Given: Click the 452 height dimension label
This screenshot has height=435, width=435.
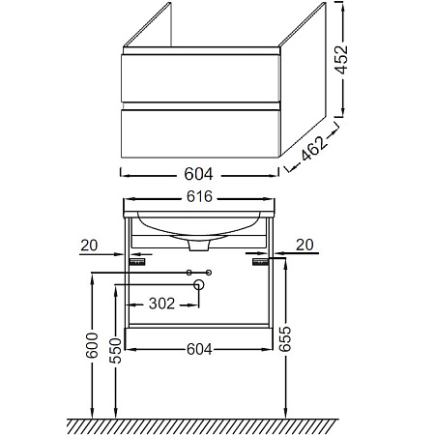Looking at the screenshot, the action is [x=342, y=60].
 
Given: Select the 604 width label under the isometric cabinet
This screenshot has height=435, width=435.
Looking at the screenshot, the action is [x=198, y=174].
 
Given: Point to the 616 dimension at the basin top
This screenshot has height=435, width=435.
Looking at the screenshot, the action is [x=199, y=196].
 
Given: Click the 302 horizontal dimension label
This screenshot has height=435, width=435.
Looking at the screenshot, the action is [x=161, y=304].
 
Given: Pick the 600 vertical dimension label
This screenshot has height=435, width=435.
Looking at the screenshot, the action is [x=92, y=345].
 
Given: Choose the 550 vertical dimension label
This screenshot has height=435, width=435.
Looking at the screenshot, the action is [x=115, y=351].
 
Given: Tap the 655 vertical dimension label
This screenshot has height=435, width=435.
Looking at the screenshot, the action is [x=285, y=339].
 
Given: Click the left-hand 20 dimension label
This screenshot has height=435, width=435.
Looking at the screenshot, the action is [x=89, y=246].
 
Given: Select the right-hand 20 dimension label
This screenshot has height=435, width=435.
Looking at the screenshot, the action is [x=304, y=245].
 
